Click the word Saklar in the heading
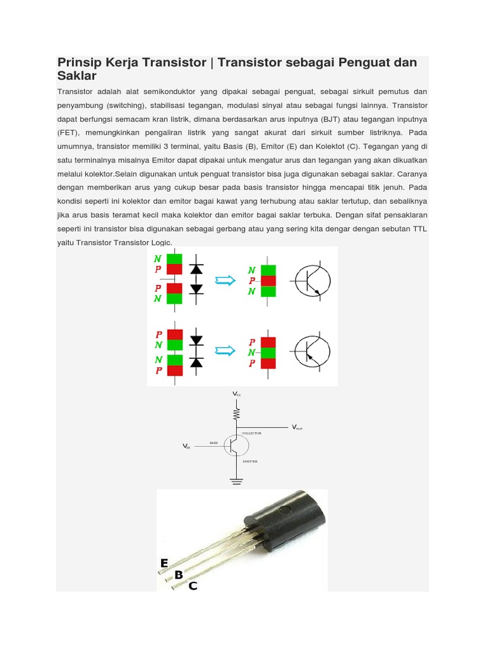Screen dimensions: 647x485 click(76, 76)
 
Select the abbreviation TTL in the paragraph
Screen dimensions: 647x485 click(417, 229)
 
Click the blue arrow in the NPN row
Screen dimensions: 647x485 click(225, 281)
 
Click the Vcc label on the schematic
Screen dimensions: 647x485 click(237, 394)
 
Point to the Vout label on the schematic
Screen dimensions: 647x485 click(297, 428)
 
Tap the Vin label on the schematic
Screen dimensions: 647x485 click(186, 446)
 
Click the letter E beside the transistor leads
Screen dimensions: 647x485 click(164, 563)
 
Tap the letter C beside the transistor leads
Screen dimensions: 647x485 click(193, 586)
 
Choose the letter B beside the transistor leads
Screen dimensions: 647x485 click(179, 575)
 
